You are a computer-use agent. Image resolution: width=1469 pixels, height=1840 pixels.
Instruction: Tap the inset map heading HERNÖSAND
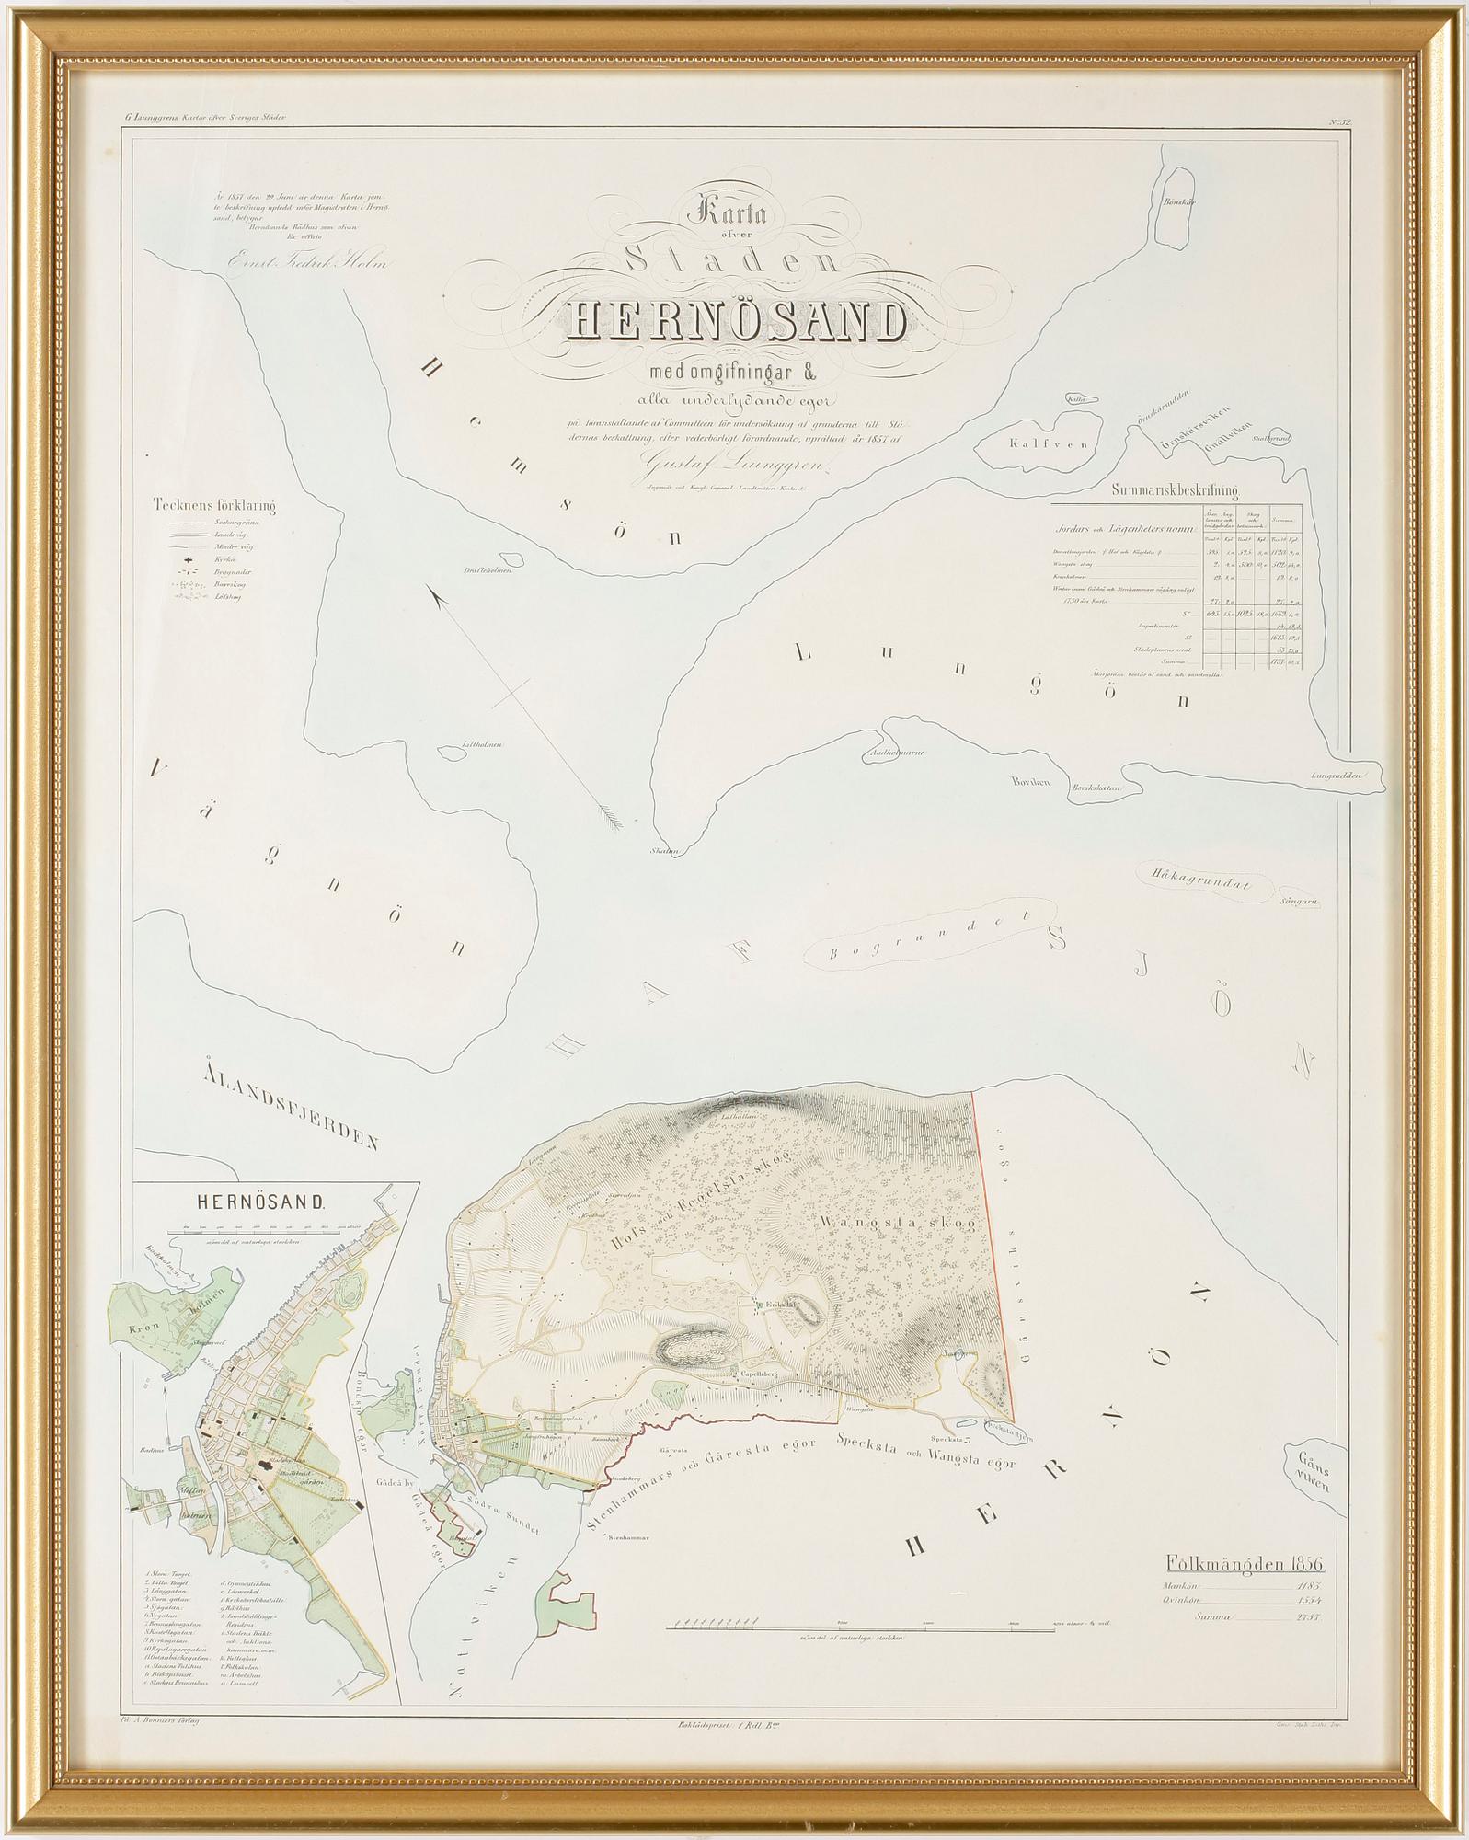pyautogui.click(x=258, y=1202)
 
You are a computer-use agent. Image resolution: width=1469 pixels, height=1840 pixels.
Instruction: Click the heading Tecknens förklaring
pyautogui.click(x=216, y=504)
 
